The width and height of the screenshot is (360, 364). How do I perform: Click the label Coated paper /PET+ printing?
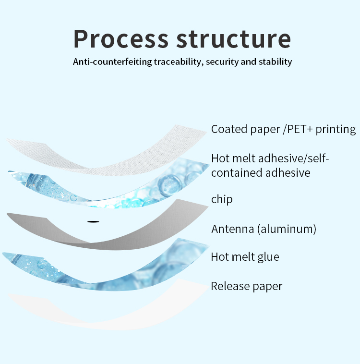(x=283, y=129)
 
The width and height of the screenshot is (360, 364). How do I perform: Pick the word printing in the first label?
(x=336, y=129)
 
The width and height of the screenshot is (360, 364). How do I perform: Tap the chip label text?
(x=222, y=199)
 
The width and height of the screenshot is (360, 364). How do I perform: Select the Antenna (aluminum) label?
(x=264, y=229)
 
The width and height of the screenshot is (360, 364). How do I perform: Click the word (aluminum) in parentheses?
(x=287, y=229)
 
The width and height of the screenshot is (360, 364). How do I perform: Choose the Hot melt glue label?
(x=245, y=257)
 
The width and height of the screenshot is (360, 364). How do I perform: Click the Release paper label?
(x=246, y=286)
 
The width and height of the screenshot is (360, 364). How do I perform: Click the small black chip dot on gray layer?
(x=93, y=221)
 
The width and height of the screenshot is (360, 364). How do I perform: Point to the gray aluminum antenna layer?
(x=144, y=231)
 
